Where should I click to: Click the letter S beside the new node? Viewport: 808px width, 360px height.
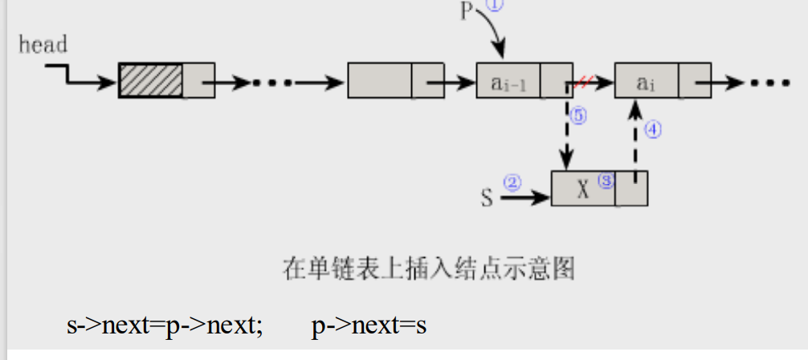[487, 197]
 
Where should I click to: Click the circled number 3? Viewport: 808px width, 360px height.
[606, 182]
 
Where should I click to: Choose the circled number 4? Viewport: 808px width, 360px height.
[652, 130]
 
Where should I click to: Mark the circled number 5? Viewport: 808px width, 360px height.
[577, 116]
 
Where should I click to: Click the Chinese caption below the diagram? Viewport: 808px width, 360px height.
[429, 268]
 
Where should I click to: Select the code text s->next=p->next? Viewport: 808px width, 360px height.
[165, 325]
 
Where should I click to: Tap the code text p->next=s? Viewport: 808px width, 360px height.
[369, 325]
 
